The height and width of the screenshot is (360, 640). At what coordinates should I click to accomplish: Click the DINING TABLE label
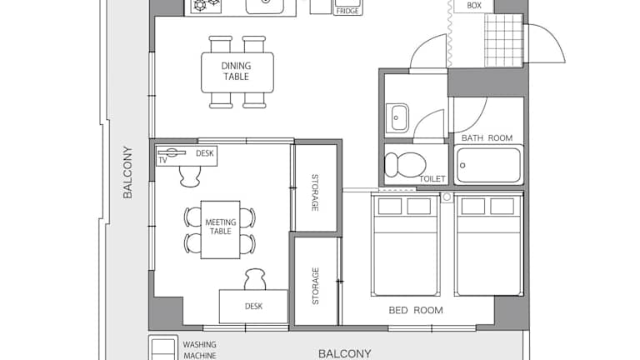click(x=236, y=71)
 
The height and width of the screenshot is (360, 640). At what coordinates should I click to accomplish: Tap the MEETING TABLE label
click(x=220, y=227)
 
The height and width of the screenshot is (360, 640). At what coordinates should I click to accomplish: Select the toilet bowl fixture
click(x=405, y=164)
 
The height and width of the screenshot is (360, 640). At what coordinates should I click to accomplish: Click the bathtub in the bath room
click(x=488, y=165)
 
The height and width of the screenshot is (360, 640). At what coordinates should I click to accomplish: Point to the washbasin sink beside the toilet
click(x=397, y=118)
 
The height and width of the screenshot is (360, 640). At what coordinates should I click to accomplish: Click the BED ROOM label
click(x=416, y=310)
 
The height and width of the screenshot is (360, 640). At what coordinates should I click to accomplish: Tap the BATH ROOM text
click(x=487, y=138)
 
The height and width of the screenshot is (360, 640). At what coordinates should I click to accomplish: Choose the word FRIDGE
click(x=347, y=12)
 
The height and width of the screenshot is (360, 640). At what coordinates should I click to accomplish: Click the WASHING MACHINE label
click(x=199, y=350)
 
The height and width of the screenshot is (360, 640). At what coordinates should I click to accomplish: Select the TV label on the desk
click(x=162, y=160)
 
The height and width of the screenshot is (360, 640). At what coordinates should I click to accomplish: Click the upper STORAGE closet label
click(x=315, y=192)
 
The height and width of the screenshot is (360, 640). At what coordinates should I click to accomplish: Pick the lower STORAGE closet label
click(x=315, y=286)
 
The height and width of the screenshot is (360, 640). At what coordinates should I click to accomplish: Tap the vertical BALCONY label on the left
click(x=127, y=172)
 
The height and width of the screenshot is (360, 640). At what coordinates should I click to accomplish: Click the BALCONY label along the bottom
click(x=344, y=353)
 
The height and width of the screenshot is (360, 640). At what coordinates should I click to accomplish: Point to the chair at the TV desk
click(x=190, y=176)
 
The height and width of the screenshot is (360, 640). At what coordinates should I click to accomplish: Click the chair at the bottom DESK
click(x=255, y=280)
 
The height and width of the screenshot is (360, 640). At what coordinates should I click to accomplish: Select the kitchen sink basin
click(x=265, y=6)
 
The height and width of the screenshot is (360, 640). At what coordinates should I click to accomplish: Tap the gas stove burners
click(x=206, y=5)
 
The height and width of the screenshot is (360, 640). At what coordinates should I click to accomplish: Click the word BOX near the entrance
click(x=474, y=6)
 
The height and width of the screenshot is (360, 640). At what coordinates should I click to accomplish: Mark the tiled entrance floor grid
click(x=503, y=40)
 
